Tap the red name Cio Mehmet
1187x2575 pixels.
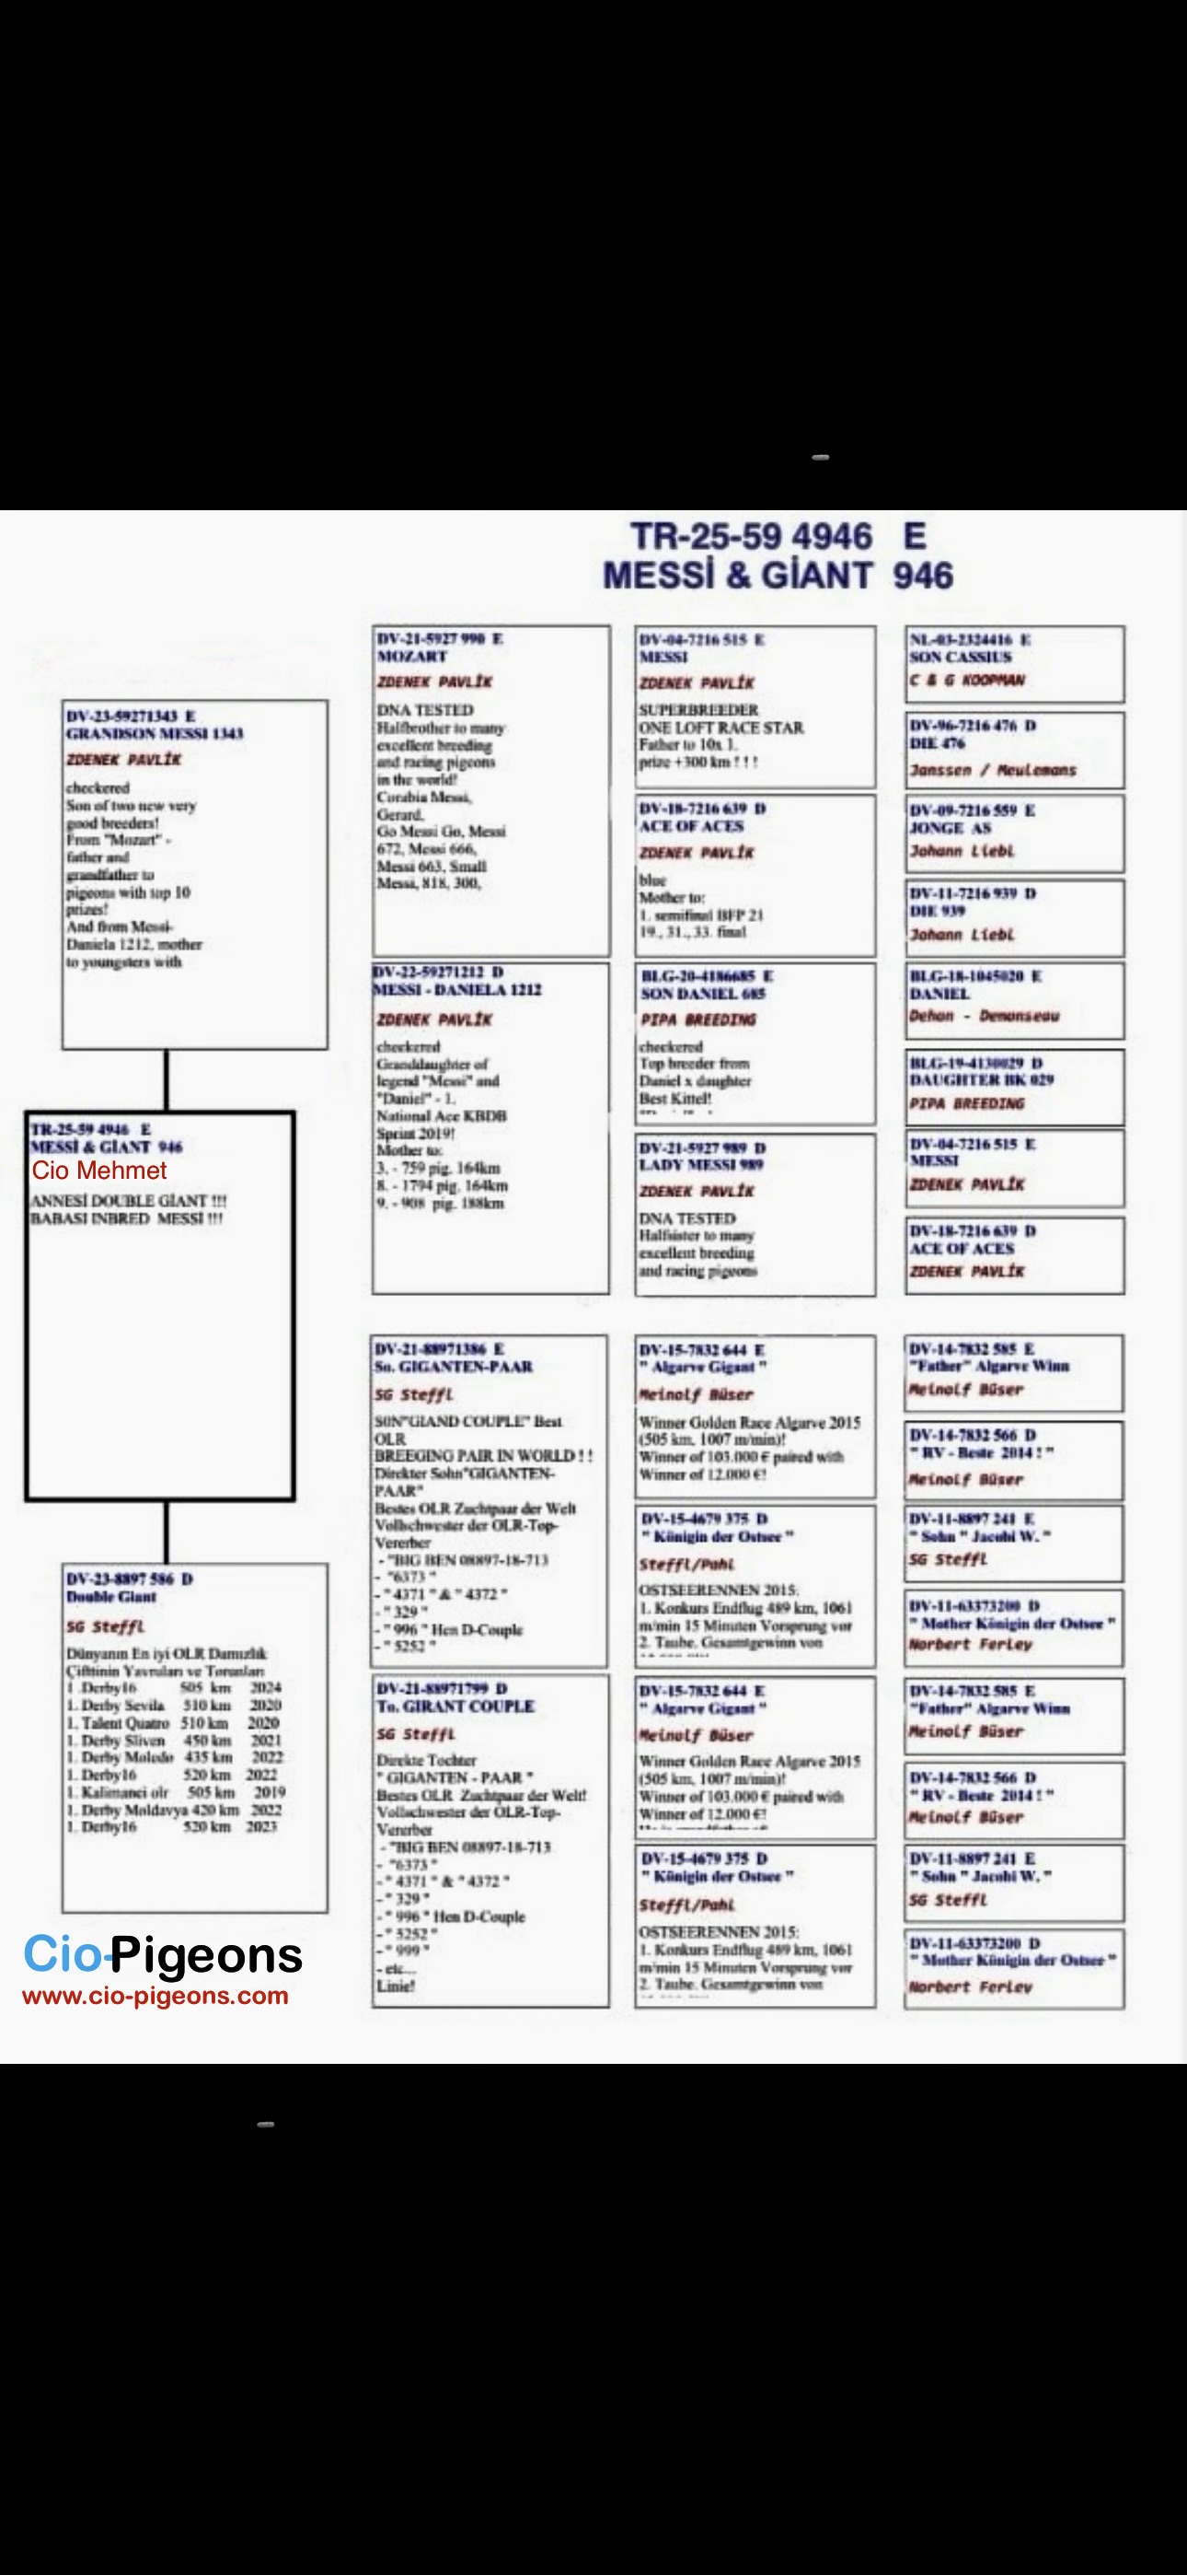click(99, 1171)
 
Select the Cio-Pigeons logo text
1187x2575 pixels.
click(162, 1954)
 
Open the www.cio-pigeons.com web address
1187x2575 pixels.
click(155, 1997)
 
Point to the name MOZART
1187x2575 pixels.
click(411, 657)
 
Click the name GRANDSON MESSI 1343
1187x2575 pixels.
click(155, 734)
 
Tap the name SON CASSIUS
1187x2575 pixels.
click(961, 657)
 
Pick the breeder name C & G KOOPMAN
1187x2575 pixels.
click(967, 680)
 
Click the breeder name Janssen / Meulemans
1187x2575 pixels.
click(992, 771)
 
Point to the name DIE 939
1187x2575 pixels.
click(938, 911)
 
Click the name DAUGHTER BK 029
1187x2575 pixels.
click(981, 1079)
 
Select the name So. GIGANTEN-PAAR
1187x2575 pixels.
click(454, 1367)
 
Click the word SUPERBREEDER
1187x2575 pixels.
click(698, 710)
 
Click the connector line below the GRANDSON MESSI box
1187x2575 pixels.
click(166, 1079)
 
